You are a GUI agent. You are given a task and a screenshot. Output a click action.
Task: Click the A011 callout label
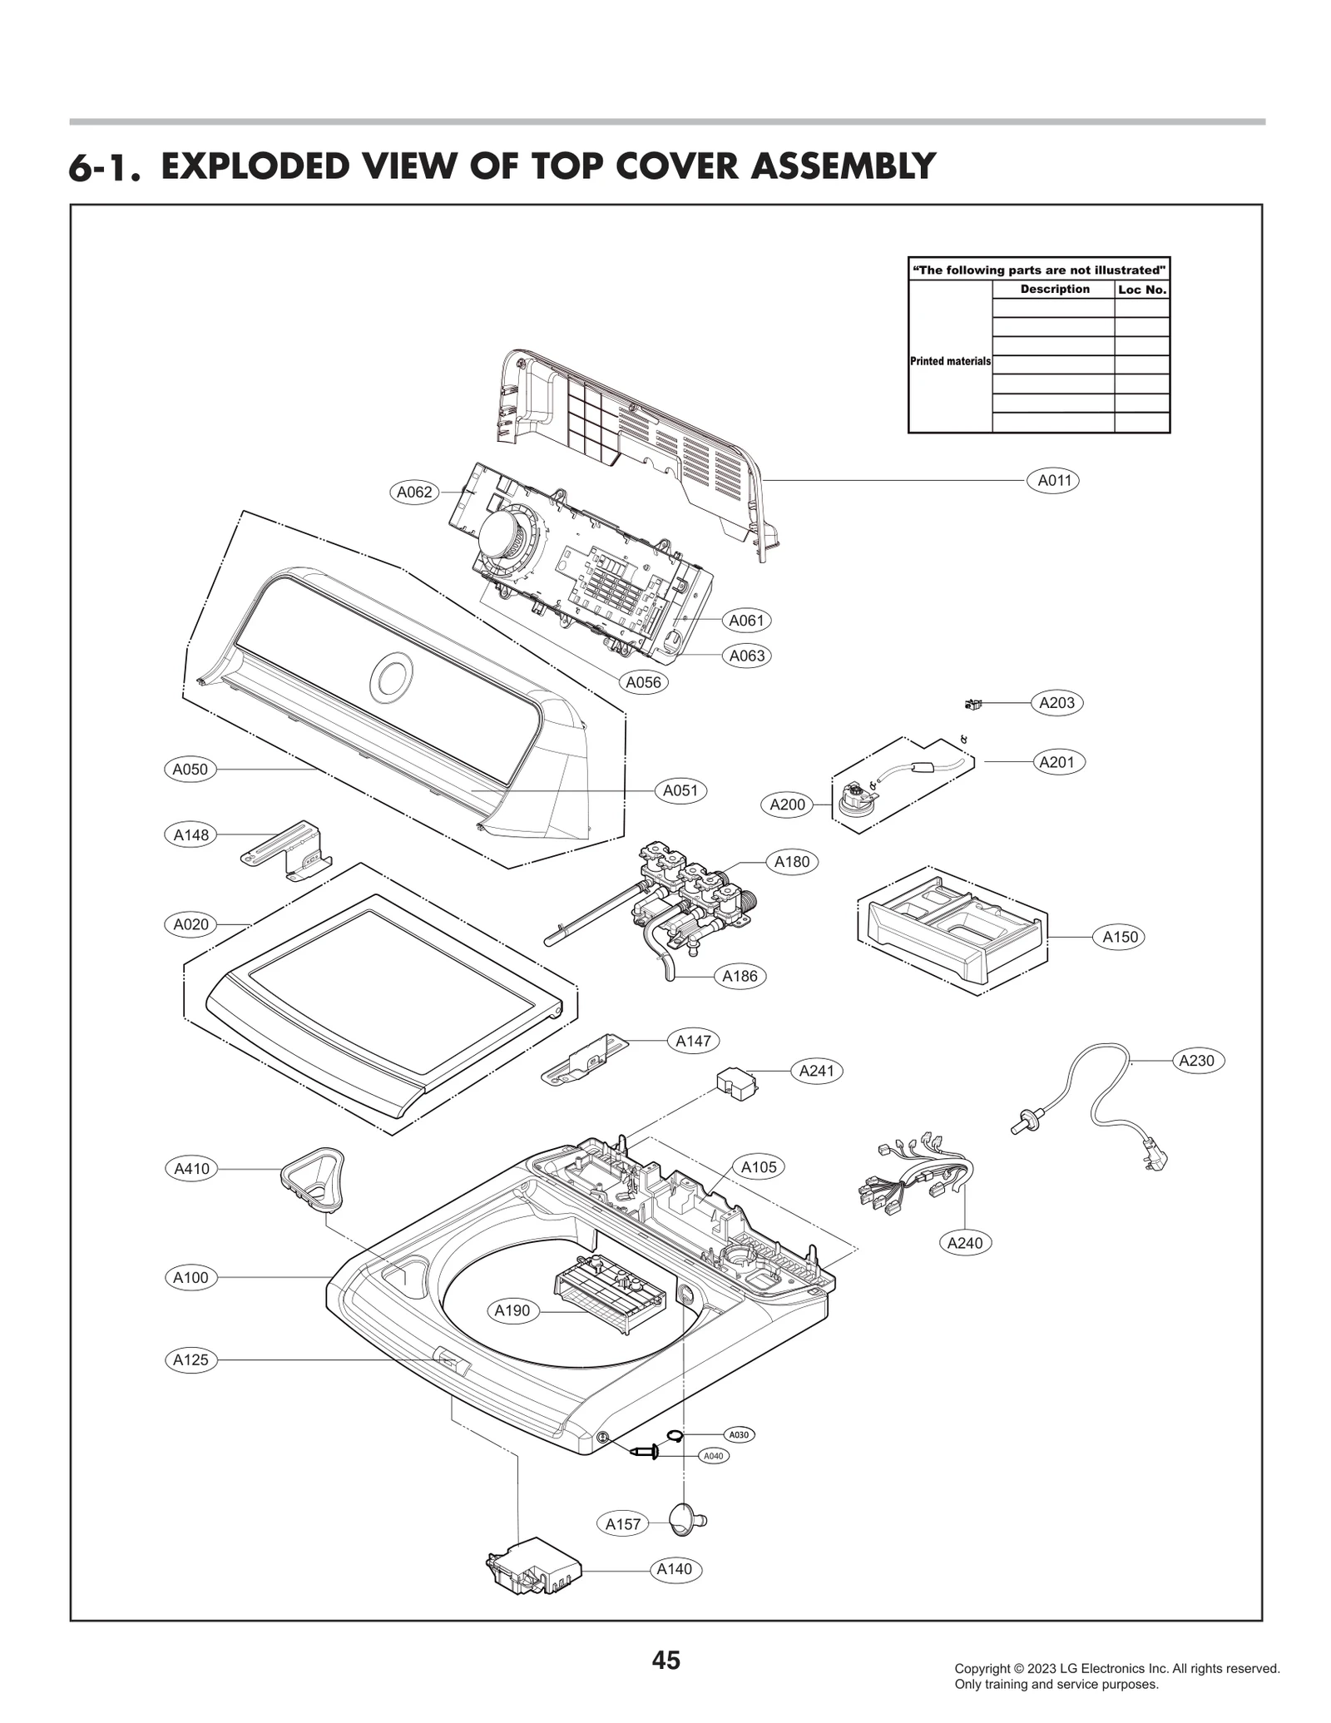(x=1053, y=480)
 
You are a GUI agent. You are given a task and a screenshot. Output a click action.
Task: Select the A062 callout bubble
(x=414, y=492)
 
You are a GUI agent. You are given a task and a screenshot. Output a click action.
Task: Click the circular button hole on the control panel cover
(x=390, y=676)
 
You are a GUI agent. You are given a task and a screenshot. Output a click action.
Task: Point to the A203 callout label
(x=1056, y=702)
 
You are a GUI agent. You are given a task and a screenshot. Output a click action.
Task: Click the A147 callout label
(x=692, y=1040)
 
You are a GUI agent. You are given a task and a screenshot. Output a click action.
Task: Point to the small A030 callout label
(x=738, y=1434)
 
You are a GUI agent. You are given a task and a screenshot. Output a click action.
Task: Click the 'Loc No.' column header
(x=1142, y=290)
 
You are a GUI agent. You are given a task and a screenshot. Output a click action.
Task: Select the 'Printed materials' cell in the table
(x=950, y=361)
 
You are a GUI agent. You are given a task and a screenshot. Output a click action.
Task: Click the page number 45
(x=665, y=1661)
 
